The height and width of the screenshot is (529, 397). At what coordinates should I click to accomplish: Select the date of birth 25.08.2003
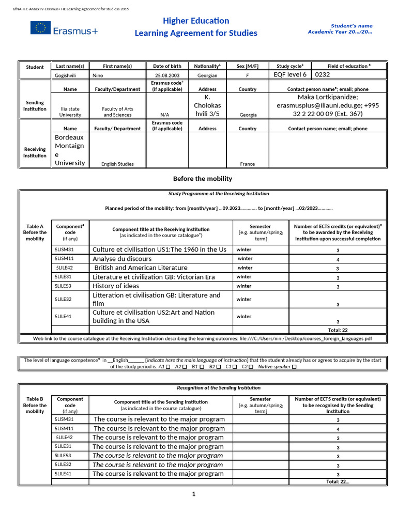pyautogui.click(x=167, y=75)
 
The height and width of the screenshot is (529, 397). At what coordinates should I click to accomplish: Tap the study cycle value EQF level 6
pyautogui.click(x=290, y=74)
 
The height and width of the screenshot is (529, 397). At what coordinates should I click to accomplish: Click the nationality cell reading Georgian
pyautogui.click(x=207, y=75)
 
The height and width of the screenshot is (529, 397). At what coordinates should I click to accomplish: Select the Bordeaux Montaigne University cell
pyautogui.click(x=70, y=150)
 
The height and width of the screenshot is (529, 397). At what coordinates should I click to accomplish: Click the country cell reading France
pyautogui.click(x=248, y=164)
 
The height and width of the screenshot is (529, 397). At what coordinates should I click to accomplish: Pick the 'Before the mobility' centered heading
pyautogui.click(x=202, y=179)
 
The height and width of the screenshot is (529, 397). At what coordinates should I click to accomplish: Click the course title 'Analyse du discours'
pyautogui.click(x=122, y=259)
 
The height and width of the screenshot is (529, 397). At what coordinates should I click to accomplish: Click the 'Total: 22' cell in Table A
pyautogui.click(x=338, y=330)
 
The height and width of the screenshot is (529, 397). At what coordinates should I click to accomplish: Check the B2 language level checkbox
pyautogui.click(x=219, y=367)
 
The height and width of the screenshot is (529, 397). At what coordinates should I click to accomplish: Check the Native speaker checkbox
pyautogui.click(x=294, y=367)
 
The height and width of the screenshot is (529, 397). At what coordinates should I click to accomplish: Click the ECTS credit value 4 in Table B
pyautogui.click(x=338, y=429)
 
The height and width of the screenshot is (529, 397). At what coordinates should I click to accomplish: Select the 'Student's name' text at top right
pyautogui.click(x=352, y=26)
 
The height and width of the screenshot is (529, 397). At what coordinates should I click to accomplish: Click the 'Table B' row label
pyautogui.click(x=35, y=399)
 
